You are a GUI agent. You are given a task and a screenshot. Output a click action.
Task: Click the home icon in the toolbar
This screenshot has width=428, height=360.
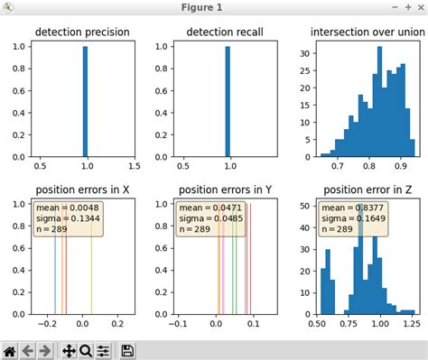[x=10, y=350]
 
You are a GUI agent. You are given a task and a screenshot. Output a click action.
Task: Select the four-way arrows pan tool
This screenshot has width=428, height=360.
[x=69, y=350]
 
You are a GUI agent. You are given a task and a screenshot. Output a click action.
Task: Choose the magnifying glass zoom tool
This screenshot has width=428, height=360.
[x=86, y=350]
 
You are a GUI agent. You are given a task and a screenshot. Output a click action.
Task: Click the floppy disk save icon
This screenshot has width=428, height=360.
[x=128, y=350]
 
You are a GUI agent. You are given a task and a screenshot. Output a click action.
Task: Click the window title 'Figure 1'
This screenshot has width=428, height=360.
[x=213, y=8]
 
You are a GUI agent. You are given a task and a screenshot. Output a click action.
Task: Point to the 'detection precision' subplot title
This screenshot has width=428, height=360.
[x=82, y=34]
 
